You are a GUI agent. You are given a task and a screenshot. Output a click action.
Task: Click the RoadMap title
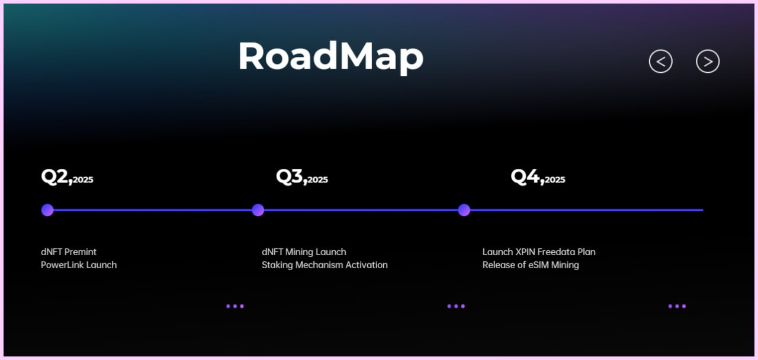331,56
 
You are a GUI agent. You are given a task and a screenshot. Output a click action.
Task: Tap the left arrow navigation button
660,61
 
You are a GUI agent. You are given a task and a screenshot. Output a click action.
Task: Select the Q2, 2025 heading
67,177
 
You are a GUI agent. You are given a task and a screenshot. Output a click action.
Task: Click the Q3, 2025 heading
302,177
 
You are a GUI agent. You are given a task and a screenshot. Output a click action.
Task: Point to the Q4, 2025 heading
538,177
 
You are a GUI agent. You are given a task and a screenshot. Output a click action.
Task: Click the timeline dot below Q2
47,210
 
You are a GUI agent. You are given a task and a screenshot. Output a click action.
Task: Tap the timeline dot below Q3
258,210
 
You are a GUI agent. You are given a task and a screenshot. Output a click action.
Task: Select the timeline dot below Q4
464,210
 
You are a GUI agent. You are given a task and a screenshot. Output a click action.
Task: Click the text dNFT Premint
69,252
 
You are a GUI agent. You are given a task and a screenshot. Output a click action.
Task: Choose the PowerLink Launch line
79,265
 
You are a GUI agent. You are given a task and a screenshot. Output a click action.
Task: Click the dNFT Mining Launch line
304,252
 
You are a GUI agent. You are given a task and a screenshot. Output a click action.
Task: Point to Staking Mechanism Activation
325,265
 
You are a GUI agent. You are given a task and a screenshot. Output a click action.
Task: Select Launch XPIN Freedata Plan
539,252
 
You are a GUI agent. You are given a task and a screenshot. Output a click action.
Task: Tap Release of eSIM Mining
531,265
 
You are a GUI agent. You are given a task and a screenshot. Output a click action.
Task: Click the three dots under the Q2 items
235,306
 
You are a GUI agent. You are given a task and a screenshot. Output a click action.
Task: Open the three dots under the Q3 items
456,306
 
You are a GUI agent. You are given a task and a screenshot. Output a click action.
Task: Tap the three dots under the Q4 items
677,306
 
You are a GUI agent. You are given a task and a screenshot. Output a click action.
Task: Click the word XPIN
525,252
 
